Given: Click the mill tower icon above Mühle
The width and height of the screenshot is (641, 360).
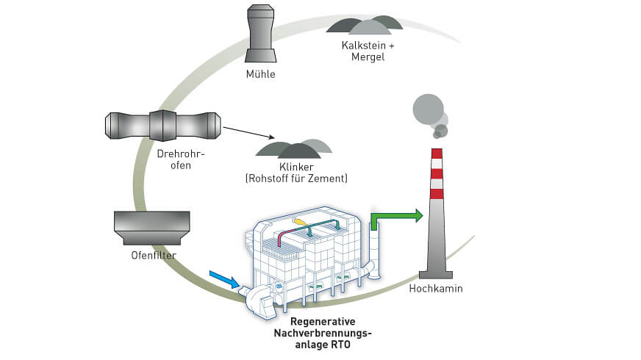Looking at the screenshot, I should point(261,35).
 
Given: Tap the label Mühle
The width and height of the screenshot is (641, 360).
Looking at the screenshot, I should point(261,74).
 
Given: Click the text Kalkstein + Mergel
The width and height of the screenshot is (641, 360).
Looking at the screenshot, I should point(368,51).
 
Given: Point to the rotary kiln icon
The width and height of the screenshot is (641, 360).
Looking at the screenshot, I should point(162,126).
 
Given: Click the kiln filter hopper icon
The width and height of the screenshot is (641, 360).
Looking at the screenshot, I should point(152,228).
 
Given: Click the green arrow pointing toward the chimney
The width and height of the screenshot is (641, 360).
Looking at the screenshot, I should point(398,216).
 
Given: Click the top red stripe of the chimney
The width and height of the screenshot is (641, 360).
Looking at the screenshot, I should point(437,153).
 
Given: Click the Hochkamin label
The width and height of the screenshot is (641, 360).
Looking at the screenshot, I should point(436,289).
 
